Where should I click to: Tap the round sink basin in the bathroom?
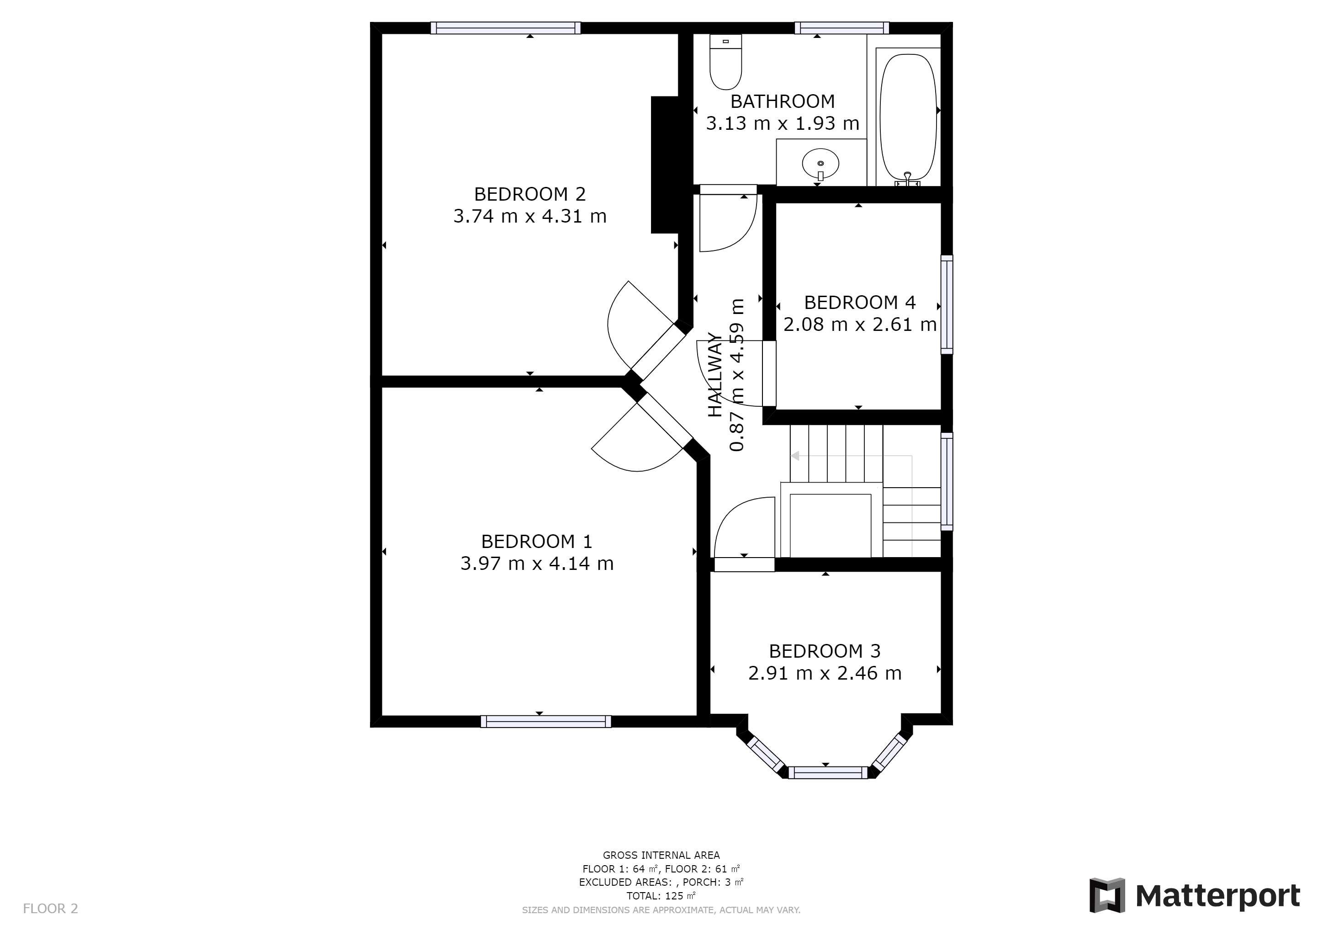[820, 164]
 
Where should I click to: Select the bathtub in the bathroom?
[908, 117]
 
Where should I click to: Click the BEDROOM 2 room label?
[529, 194]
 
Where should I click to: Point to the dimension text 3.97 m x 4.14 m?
[536, 563]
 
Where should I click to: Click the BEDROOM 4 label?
[859, 303]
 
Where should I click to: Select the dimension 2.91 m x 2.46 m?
[825, 673]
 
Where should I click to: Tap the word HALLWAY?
[714, 375]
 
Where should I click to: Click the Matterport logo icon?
[1106, 895]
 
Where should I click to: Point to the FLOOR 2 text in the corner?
[50, 908]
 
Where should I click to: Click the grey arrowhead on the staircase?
[795, 456]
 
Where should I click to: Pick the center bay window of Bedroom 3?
[827, 772]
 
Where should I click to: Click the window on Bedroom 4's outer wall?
[947, 304]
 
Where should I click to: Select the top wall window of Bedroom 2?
[505, 28]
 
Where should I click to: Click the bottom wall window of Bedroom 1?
[545, 721]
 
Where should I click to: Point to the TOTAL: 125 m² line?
[661, 896]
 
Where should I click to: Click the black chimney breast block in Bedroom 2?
[664, 165]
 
